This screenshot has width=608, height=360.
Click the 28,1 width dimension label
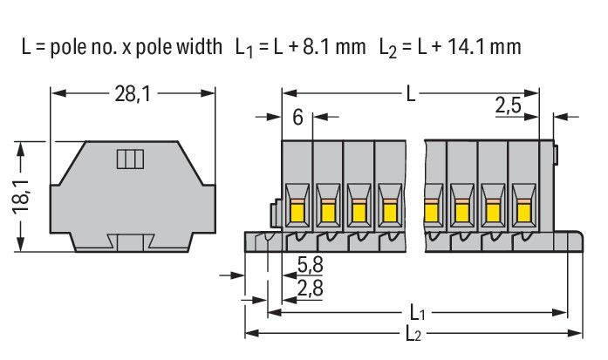pos(131,93)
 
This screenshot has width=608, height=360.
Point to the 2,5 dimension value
pos(509,106)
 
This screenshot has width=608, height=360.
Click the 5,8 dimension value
pos(308,265)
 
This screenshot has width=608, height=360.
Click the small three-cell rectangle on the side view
pos(130,159)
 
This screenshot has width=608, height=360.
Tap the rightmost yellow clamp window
pos(523,210)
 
